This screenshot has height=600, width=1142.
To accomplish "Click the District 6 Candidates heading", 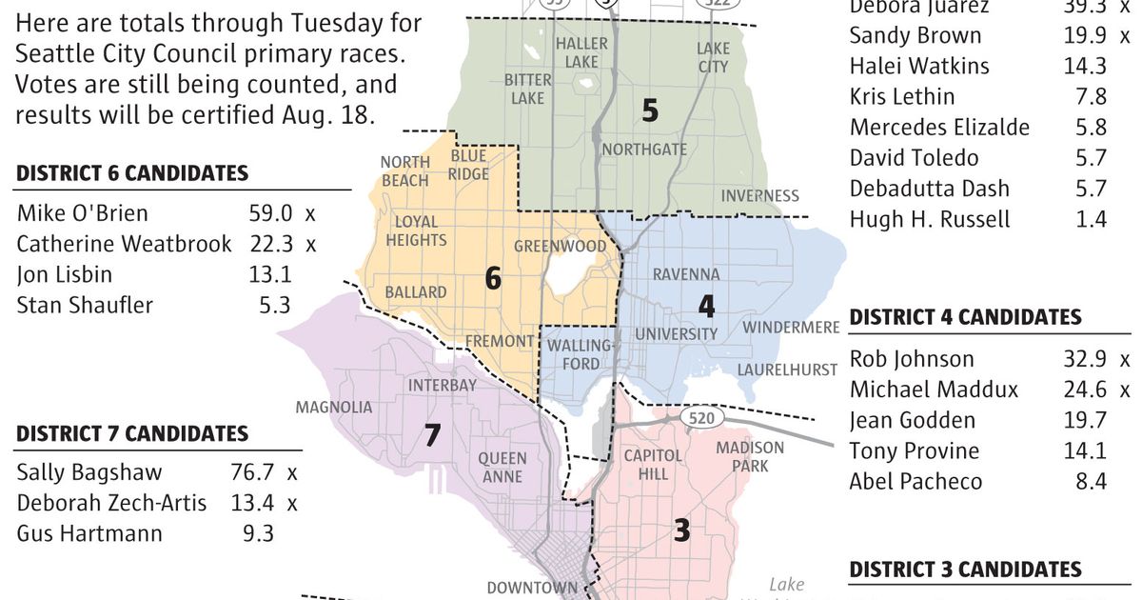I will [x=132, y=173].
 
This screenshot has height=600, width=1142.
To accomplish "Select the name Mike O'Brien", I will [x=83, y=213].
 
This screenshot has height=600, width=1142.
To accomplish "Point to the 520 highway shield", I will [x=702, y=418].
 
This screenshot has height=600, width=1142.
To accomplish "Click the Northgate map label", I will [x=643, y=150].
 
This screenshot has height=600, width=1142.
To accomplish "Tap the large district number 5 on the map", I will [x=649, y=111].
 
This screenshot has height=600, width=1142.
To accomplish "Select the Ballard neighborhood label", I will [x=416, y=291].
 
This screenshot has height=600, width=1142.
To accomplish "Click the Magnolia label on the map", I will [x=334, y=408].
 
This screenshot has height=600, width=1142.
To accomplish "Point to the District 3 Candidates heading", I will [x=965, y=570].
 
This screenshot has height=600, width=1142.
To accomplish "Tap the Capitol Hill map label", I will [x=653, y=465].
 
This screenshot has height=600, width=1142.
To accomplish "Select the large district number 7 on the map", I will [x=432, y=435].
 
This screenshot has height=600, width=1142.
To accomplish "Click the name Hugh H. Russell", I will [x=930, y=219].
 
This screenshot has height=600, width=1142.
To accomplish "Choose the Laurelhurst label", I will [x=787, y=370].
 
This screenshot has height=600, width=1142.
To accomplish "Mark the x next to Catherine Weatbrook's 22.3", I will [x=310, y=244].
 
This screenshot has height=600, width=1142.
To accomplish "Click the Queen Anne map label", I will [x=502, y=468].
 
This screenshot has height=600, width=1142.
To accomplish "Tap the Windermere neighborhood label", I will [x=791, y=328].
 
